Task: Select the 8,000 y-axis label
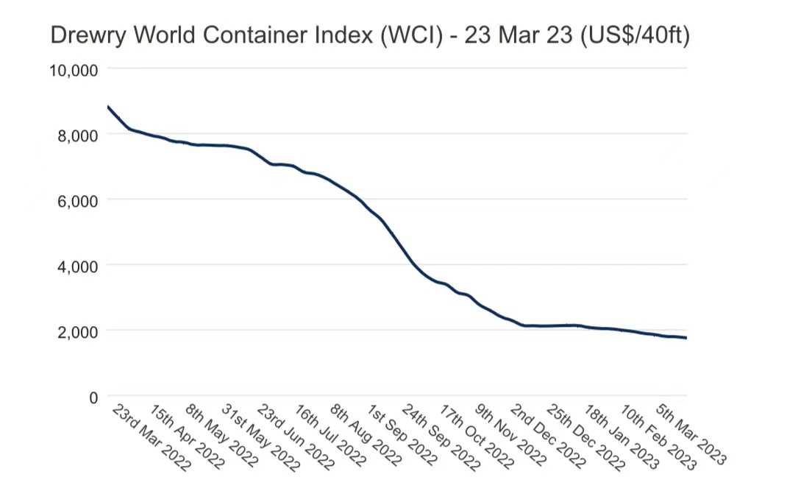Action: pos(76,135)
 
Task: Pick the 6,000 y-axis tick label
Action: pos(76,200)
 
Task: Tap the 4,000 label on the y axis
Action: pos(76,266)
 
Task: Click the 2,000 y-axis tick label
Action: pos(76,331)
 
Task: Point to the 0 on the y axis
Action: pos(93,398)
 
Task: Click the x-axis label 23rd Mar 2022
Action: pos(151,437)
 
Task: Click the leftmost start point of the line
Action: pos(108,107)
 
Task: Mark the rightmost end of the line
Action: pos(686,338)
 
